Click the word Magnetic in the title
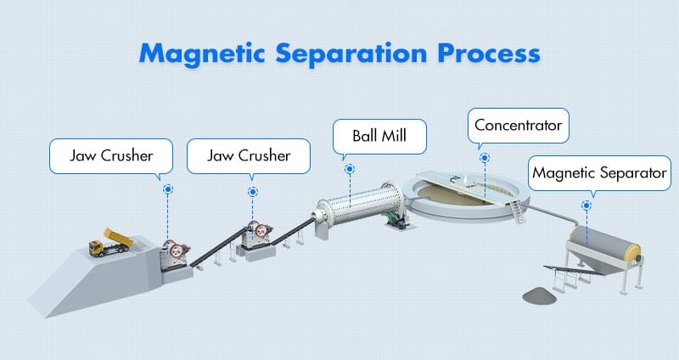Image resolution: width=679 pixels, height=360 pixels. (202, 53)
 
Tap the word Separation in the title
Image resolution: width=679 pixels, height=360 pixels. (351, 53)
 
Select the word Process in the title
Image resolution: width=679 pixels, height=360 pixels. (489, 53)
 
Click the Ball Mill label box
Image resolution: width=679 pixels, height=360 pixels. (379, 136)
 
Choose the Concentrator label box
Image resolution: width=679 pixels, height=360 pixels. (519, 125)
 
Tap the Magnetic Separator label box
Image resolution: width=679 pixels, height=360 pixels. (599, 173)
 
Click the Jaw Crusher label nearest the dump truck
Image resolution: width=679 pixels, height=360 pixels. (111, 156)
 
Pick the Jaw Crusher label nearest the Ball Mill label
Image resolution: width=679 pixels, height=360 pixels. (249, 156)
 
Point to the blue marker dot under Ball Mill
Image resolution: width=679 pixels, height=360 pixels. (350, 169)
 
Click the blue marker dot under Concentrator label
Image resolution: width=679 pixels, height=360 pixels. (485, 158)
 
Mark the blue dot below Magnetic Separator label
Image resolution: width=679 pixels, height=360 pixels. (586, 205)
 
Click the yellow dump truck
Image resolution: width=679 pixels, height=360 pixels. (111, 243)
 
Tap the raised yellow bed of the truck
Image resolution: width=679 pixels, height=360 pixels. (118, 236)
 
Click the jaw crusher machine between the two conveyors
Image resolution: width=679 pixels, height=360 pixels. (256, 235)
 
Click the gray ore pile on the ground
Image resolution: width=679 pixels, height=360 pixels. (539, 295)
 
